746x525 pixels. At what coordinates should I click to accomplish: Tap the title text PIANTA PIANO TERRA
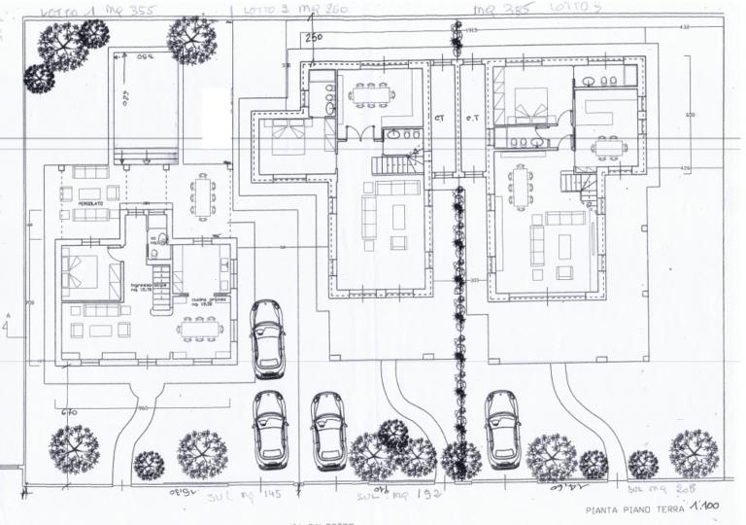tap(634, 509)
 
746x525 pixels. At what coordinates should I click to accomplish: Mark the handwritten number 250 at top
tap(313, 38)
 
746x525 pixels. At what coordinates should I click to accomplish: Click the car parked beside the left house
tap(267, 338)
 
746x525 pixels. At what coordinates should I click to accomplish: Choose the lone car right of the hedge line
tap(501, 429)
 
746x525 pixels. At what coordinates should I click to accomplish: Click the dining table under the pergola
tap(202, 193)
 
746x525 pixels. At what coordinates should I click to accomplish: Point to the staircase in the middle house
tap(396, 165)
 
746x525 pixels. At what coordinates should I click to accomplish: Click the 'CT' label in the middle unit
tap(439, 120)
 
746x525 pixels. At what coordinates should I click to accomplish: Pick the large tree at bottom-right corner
tap(693, 452)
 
